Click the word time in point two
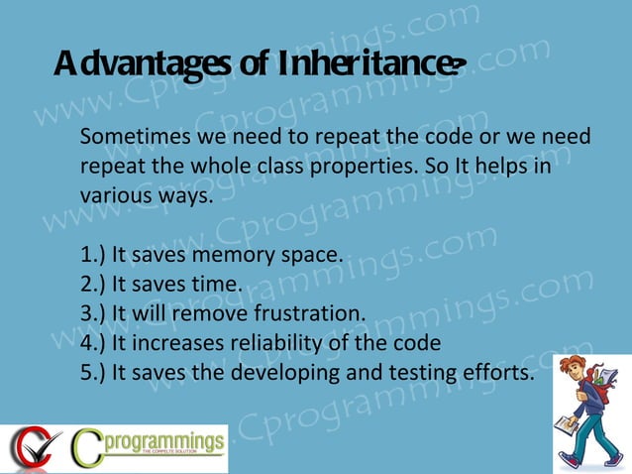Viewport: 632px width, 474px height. click(x=220, y=286)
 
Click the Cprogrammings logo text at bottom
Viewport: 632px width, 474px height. click(x=162, y=441)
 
